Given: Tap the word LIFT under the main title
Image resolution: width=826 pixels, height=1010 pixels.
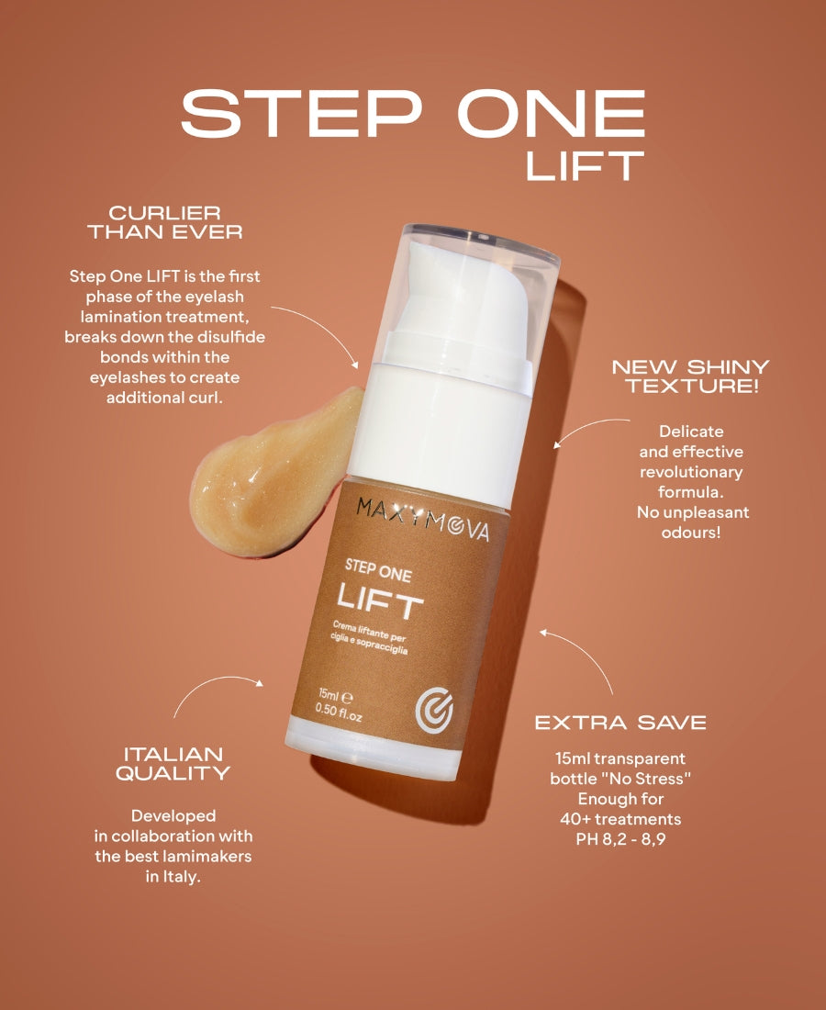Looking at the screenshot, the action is click(x=585, y=165).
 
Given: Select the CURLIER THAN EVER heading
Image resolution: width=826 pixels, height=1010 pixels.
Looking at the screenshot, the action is click(x=165, y=222).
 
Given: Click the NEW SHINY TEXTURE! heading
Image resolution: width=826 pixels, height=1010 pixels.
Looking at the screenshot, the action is click(x=690, y=376).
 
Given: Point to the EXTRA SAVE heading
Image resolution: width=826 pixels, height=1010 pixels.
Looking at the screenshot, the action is click(x=620, y=723).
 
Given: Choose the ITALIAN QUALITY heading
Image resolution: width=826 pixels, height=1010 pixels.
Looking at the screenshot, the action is click(x=173, y=763).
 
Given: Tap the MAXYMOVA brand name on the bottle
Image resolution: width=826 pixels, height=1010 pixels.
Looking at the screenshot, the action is click(x=422, y=519).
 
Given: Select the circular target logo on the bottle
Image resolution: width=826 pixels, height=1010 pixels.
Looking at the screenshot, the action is click(x=434, y=711).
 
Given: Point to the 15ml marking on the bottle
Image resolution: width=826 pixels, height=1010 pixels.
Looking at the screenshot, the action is click(x=335, y=696).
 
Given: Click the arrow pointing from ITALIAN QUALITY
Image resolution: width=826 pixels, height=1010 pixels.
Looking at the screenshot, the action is click(x=212, y=684).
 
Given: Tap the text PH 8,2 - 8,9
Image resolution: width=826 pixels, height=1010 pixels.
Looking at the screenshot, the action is click(x=620, y=839).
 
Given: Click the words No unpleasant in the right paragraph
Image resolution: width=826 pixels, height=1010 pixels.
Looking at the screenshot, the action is click(x=693, y=512).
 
